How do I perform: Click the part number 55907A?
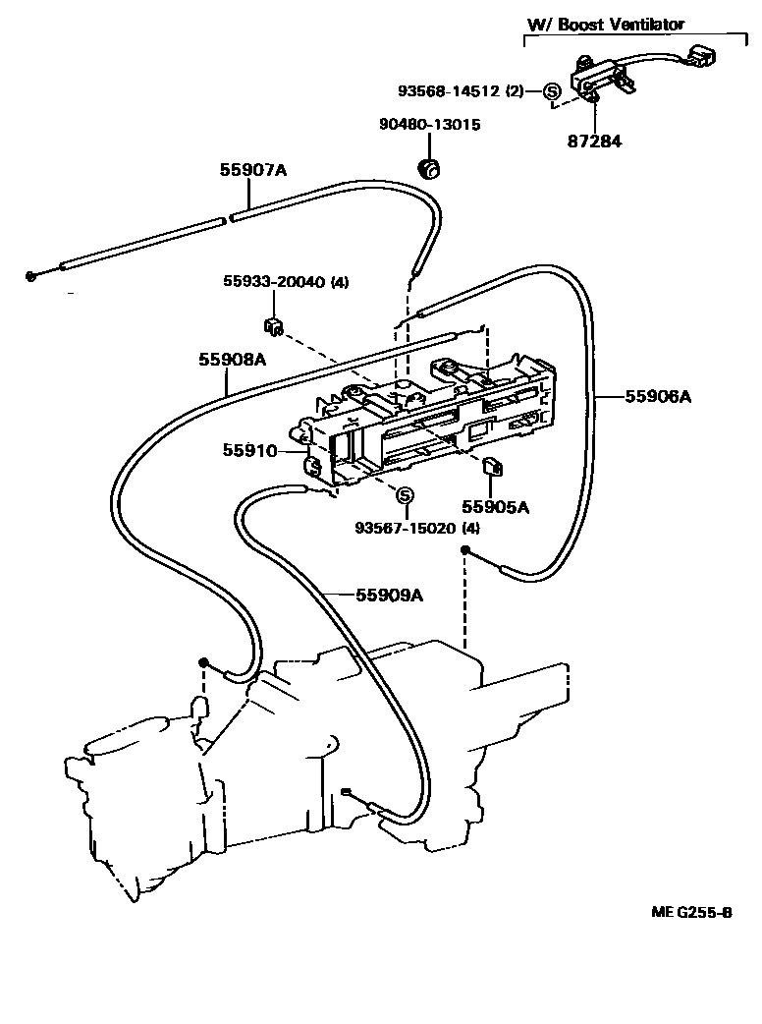pos(252,170)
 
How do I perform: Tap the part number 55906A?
pos(659,397)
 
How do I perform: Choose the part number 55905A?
pos(496,507)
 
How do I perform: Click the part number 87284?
pos(594,141)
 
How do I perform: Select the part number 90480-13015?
pos(430,125)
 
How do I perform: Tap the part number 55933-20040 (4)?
pos(284,283)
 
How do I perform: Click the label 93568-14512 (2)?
pos(461,91)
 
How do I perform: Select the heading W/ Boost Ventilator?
pos(622,25)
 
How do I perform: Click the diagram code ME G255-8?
pos(691,911)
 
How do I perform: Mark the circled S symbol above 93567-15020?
pos(405,494)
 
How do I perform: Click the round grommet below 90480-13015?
pos(429,168)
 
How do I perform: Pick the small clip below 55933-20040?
pos(274,325)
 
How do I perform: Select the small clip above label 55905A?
pos(494,467)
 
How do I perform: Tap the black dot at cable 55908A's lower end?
pos(203,662)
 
